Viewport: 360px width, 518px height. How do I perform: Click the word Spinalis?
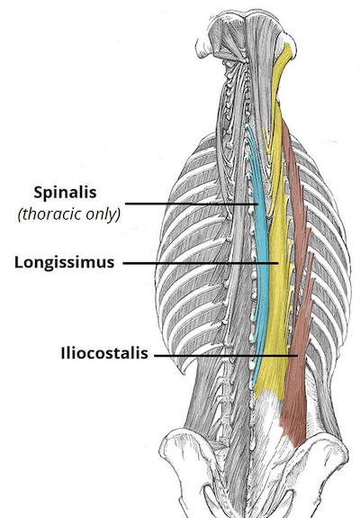[65, 193]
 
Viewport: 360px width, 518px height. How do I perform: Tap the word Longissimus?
[64, 263]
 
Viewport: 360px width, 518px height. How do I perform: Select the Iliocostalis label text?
[104, 353]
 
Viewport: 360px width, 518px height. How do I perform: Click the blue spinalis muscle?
[261, 251]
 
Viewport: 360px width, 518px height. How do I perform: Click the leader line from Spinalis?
[192, 204]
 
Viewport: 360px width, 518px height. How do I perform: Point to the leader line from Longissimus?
[201, 263]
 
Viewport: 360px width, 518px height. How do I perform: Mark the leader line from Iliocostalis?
[226, 356]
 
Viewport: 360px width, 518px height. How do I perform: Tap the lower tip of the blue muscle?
[253, 386]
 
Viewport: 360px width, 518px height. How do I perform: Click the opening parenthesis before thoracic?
[20, 215]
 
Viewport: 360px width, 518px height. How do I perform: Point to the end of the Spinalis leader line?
[257, 204]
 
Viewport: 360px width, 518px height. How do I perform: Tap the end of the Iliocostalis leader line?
[298, 356]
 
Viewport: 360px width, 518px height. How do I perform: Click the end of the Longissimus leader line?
[278, 263]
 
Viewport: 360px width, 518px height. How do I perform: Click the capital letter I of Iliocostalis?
[63, 353]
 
